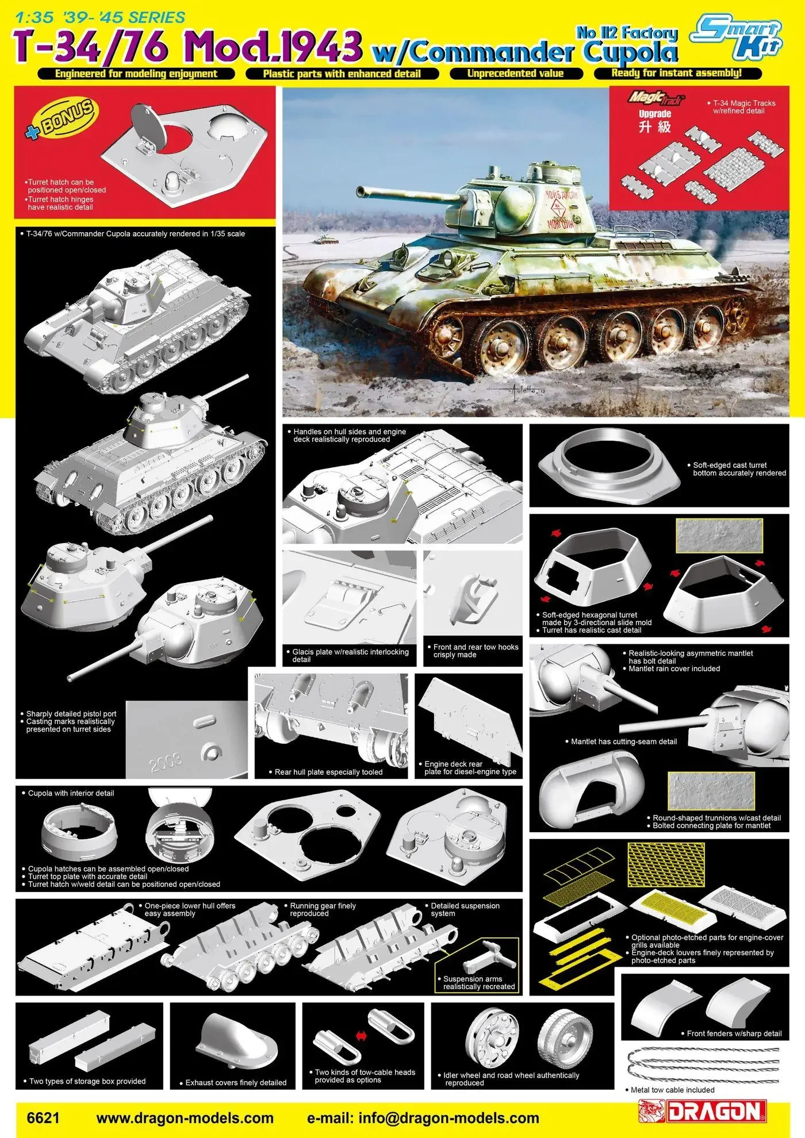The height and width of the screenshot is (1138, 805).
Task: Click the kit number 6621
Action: point(43,1118)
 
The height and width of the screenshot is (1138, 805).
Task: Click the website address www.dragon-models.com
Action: point(185,1118)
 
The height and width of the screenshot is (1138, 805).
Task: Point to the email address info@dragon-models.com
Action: point(448,1118)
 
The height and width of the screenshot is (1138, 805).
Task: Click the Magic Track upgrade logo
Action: point(655,98)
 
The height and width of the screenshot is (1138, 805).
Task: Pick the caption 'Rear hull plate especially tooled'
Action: point(328,772)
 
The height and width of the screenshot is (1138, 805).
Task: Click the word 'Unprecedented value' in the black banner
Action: point(515,74)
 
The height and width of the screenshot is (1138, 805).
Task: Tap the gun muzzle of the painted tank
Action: point(359,190)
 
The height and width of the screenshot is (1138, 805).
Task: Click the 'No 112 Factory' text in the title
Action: point(627,33)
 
